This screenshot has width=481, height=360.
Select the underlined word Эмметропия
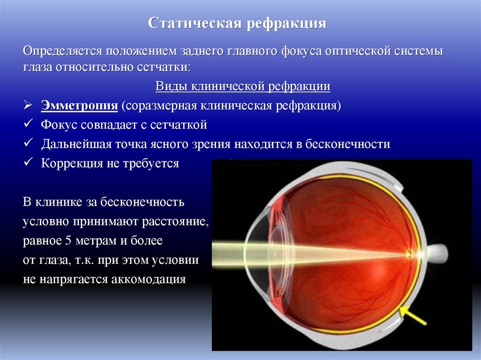coord(79,105)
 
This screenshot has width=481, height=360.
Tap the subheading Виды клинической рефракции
coord(243,87)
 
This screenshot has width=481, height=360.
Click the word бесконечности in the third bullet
coord(348,144)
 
